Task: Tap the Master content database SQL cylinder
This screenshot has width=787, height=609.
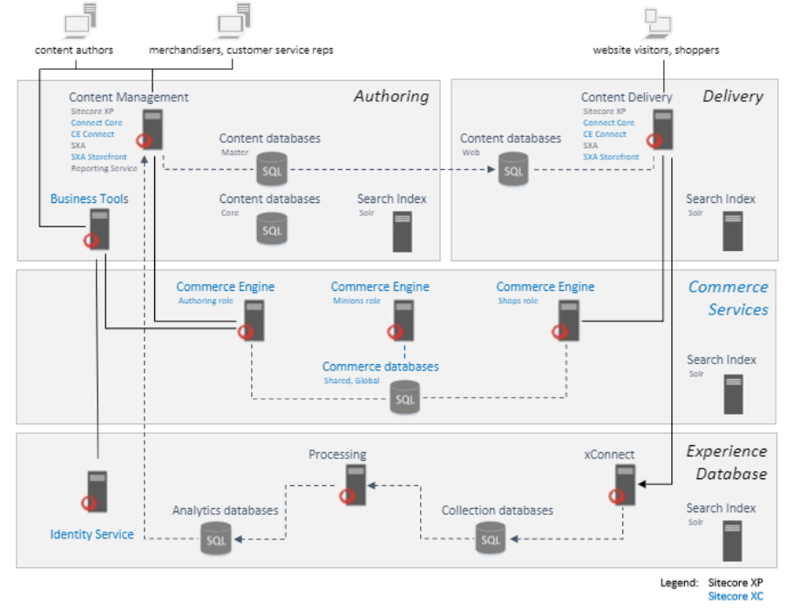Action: tap(272, 168)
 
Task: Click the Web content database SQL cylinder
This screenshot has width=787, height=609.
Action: tap(513, 168)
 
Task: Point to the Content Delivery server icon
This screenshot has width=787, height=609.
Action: tap(661, 129)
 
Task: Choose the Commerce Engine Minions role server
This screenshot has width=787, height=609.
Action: tap(403, 321)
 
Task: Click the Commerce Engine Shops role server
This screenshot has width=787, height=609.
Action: tap(567, 321)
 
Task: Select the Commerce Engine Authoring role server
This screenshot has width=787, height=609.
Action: tap(253, 321)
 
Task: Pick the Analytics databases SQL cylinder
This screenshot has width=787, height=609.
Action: tap(216, 538)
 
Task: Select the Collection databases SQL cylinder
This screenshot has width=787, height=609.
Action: tap(492, 538)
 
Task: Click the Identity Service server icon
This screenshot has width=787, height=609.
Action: tap(96, 491)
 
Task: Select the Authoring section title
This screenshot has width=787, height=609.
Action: tap(391, 97)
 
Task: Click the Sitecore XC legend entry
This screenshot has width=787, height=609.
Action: tap(735, 597)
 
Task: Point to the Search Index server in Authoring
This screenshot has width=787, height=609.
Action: tap(402, 232)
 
